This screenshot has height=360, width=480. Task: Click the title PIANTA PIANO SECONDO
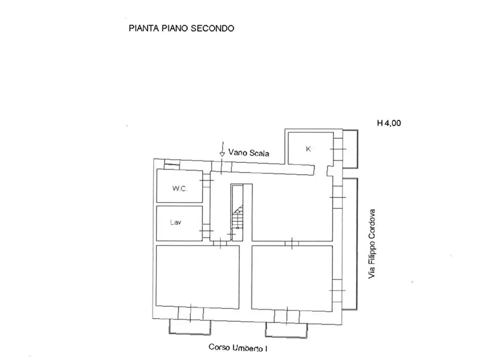[x=181, y=28]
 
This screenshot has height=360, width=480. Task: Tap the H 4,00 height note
[x=389, y=123]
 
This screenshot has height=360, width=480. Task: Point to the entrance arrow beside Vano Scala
[x=221, y=148]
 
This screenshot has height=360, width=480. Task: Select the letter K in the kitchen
[x=308, y=149]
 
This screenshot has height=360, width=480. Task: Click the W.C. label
[x=179, y=189]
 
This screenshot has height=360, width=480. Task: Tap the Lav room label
[x=176, y=222]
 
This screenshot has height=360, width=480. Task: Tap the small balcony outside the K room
[x=350, y=148]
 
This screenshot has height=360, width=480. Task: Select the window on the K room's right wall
[x=338, y=148]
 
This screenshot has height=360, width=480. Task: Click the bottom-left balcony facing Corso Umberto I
[x=190, y=327]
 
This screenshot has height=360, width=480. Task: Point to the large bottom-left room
[x=197, y=277]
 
